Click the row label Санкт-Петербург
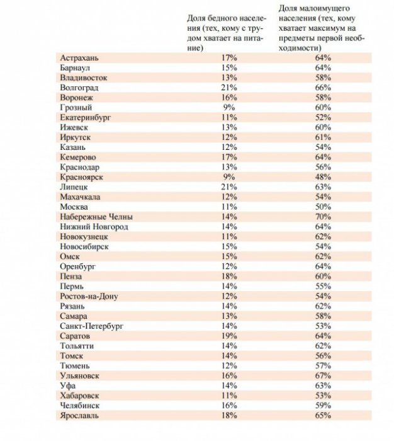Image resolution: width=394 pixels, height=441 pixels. click(x=91, y=326)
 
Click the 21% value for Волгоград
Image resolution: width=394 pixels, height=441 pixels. click(x=229, y=88)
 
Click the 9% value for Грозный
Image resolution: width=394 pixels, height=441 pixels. click(x=229, y=107)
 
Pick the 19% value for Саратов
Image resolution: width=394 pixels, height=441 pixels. click(x=229, y=336)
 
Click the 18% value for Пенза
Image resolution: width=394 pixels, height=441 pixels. click(x=229, y=276)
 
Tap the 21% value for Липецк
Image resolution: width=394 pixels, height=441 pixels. click(x=229, y=187)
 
